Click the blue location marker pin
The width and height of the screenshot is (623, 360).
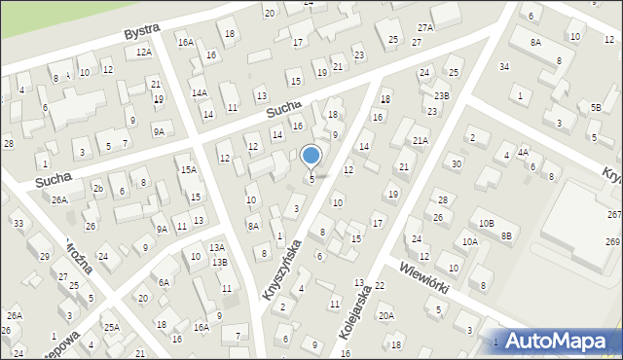pos(311,157)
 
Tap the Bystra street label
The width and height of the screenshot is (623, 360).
pos(142,32)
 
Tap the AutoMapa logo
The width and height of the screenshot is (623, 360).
pos(564,341)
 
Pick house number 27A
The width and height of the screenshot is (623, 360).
pos(425,28)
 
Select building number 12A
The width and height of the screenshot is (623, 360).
pos(144,52)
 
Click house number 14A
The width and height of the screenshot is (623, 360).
pos(200,93)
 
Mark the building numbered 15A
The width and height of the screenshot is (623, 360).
pos(188,169)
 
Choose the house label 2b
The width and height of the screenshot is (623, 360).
pos(97,188)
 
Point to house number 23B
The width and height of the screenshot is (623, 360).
pos(442,95)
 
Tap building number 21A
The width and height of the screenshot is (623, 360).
pos(420,140)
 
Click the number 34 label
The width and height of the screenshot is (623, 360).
pos(504,66)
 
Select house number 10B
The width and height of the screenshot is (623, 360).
pos(486,225)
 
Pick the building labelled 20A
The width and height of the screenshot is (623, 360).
pos(386,315)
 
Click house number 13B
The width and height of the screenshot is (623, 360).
pos(220,263)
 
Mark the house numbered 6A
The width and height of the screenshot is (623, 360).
pos(165,282)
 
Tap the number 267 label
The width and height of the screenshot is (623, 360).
pos(613,215)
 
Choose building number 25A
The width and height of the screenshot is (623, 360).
pos(112,327)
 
